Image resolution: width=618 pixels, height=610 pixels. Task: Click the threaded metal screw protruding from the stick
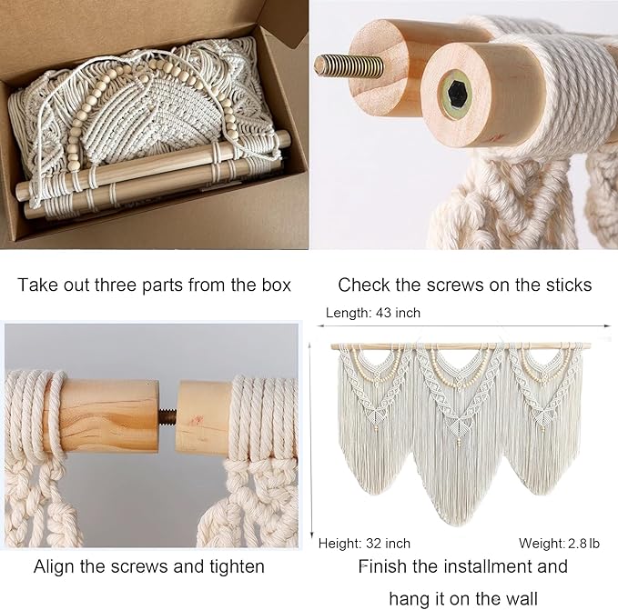(349, 65)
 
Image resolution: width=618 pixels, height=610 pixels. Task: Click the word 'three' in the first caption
(140, 285)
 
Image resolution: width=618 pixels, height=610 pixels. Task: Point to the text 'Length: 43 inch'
(373, 313)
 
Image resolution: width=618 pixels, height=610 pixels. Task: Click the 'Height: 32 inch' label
(364, 544)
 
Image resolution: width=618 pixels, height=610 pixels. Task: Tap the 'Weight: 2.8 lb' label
(559, 544)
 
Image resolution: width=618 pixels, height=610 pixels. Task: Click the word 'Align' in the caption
(54, 567)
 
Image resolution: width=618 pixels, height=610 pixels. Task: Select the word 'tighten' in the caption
(233, 567)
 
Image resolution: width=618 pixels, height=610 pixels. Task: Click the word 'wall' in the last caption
(521, 598)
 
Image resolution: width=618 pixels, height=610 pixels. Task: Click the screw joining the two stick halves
(167, 416)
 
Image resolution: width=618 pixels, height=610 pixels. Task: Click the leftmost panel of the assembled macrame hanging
(373, 418)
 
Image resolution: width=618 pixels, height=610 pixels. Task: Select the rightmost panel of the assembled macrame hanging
(548, 418)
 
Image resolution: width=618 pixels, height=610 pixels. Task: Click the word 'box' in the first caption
(270, 285)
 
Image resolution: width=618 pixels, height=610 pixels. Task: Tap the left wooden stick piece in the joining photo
(109, 415)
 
